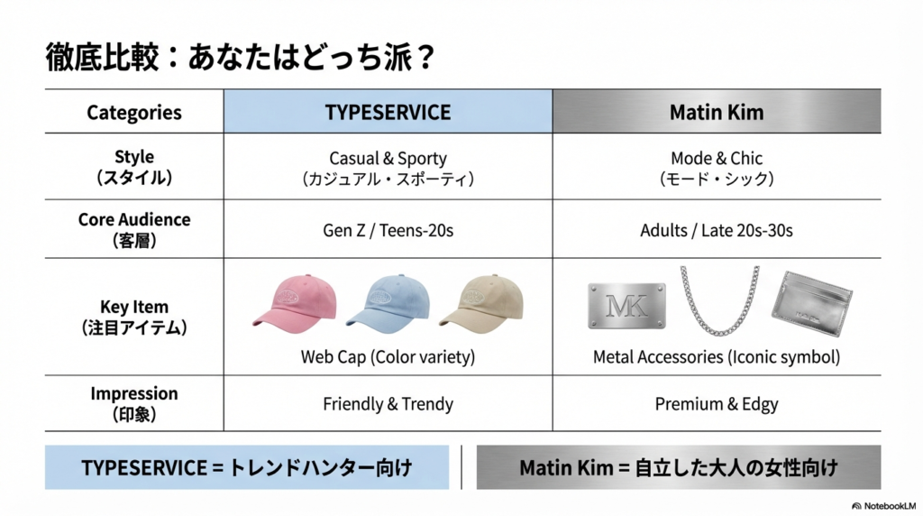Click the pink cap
coord(294,300)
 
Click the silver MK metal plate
coord(626,306)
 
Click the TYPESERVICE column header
coord(388,112)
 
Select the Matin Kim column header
coord(717,112)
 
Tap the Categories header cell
coord(134,112)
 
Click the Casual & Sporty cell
coord(388,168)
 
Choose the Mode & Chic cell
coord(717,168)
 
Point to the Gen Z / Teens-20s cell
coord(388,230)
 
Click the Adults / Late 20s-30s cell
coord(717,230)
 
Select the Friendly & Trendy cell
coord(388,403)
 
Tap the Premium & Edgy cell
coord(717,403)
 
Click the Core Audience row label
coord(134,229)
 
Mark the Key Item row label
coord(134,317)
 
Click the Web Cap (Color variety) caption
coord(388,357)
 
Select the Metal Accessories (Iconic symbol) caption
coord(717,357)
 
